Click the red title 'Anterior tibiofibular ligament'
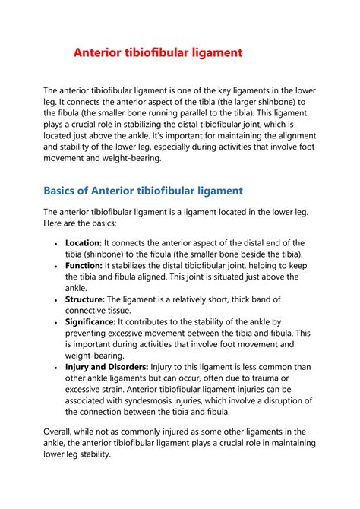[157, 53]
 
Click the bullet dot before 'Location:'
[57, 243]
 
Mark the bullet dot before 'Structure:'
[57, 300]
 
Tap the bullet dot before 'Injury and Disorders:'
[57, 368]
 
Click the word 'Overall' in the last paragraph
[61, 432]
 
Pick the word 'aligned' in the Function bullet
[177, 277]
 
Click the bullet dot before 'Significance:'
[57, 323]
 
